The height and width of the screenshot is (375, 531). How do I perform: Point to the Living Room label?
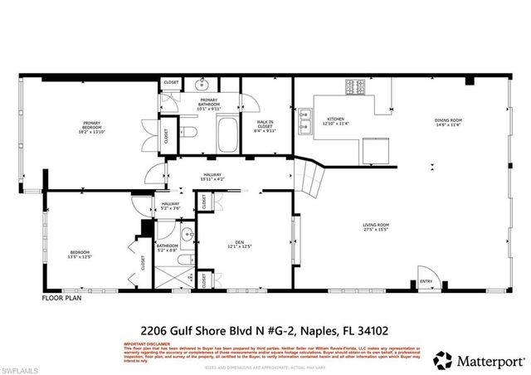376,226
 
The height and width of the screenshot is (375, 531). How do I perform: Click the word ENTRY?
426,281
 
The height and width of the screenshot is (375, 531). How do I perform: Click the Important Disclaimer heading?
146,343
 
